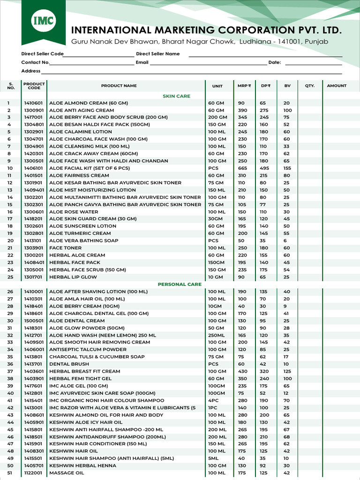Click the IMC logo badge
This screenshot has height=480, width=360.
44,21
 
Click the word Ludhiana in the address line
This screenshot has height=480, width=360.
255,42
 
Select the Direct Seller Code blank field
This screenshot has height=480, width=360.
98,54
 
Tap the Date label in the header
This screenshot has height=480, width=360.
274,62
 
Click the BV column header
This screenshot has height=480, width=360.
287,86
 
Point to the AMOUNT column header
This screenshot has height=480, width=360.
337,86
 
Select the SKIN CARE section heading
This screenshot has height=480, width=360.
176,96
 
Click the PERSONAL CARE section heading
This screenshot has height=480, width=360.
180,284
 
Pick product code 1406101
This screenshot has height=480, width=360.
33,168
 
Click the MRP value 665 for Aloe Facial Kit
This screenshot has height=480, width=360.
242,168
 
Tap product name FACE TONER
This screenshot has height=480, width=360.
65,248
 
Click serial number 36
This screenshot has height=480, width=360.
10,364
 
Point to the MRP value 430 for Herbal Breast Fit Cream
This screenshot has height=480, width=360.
242,371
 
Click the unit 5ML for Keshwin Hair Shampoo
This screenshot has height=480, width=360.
213,458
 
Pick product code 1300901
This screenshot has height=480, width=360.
33,110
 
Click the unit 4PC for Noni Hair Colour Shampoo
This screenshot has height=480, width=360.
213,401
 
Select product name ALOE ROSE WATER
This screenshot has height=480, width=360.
74,212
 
